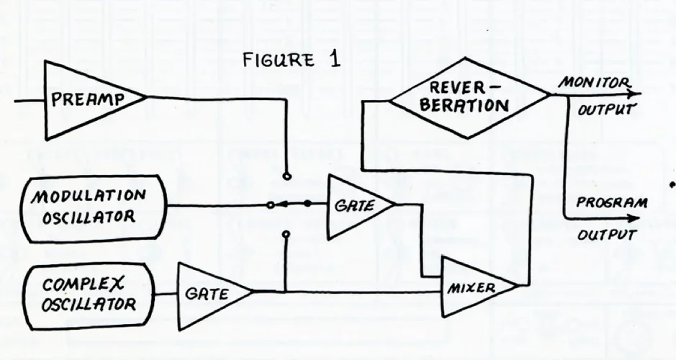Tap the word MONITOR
(585, 84)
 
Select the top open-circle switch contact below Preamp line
(287, 175)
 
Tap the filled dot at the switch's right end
(308, 204)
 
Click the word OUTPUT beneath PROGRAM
(606, 235)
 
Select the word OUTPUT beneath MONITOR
(605, 111)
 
